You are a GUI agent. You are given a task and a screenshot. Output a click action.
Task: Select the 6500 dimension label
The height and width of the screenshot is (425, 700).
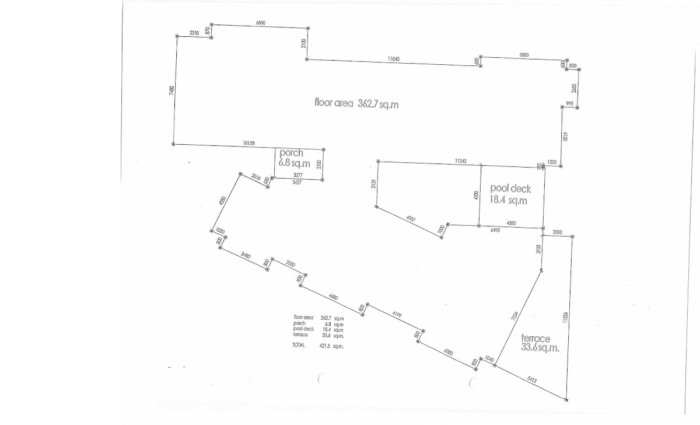click(x=261, y=22)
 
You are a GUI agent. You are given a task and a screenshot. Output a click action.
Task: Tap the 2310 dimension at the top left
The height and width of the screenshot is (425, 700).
click(x=194, y=33)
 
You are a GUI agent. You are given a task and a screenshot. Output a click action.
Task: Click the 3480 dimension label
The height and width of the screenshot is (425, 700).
click(x=245, y=255)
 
